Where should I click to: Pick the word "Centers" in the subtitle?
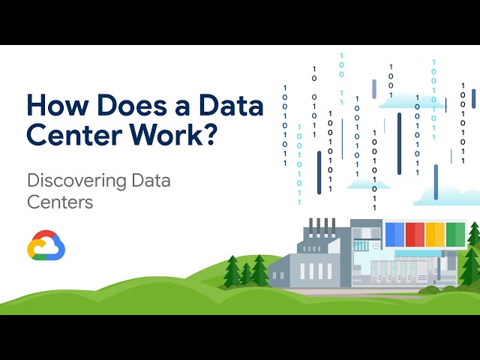(59, 202)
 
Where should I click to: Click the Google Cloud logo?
(46, 245)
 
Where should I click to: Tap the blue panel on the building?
(394, 235)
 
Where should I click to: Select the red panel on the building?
(415, 235)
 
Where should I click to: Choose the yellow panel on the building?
(435, 235)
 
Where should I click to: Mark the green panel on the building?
(455, 235)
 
